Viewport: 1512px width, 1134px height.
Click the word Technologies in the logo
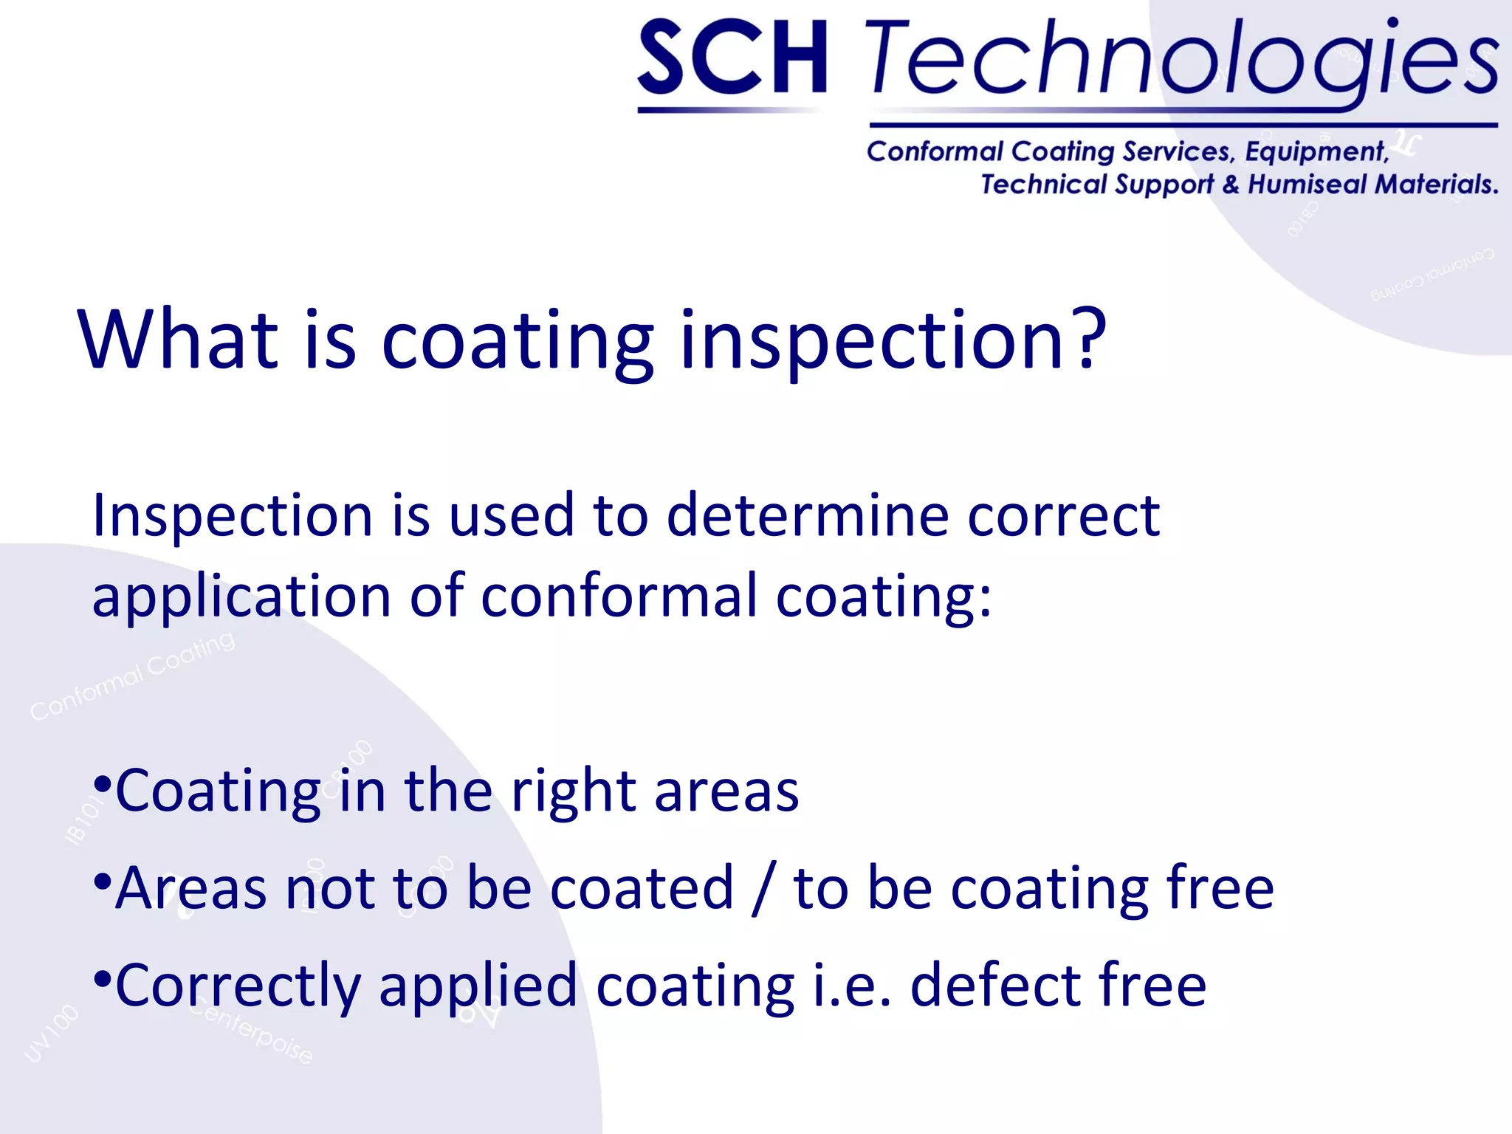coord(1181,59)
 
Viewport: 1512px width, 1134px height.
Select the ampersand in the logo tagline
coord(1230,184)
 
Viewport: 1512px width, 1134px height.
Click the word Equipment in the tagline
coord(1316,152)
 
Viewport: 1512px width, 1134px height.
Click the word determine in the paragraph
coord(808,515)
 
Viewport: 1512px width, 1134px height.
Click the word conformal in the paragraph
coord(619,597)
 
